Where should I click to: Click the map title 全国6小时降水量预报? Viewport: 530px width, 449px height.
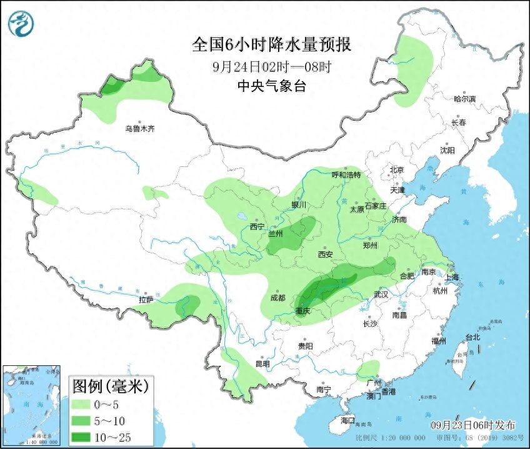coord(271,45)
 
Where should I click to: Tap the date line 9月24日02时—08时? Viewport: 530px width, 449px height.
coord(271,66)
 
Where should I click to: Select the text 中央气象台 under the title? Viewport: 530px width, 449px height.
coord(271,86)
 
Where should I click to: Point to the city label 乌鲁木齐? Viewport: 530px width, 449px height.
coord(139,129)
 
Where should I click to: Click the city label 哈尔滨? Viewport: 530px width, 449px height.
coord(464,99)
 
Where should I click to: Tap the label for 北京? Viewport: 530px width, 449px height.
coord(397,169)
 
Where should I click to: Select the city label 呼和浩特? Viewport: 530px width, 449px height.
coord(346,175)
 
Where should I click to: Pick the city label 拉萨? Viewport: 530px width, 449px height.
coord(146,300)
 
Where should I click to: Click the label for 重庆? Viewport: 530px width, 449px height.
coord(303,311)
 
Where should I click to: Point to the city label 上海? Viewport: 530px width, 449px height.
coord(451,277)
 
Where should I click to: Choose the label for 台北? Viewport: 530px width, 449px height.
coord(472,337)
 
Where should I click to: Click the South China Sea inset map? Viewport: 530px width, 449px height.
coord(31,406)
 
